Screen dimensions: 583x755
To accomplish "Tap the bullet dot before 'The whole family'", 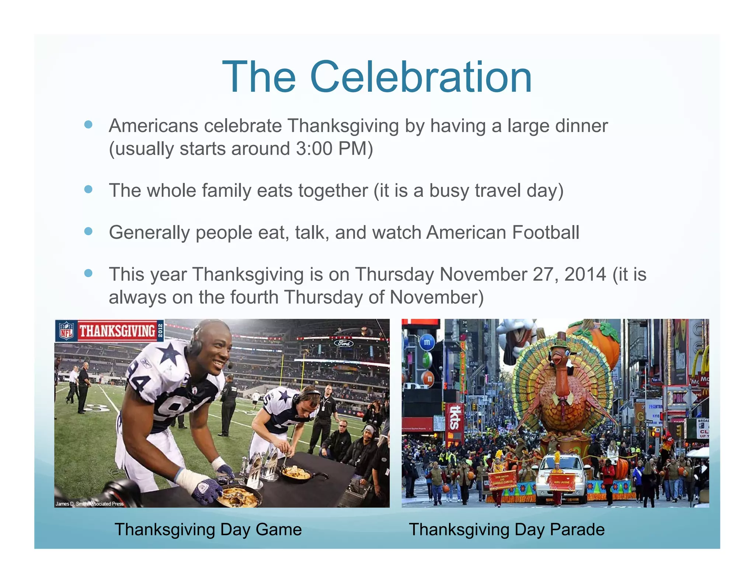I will pos(88,189).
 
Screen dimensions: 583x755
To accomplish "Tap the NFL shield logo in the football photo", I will pos(66,331).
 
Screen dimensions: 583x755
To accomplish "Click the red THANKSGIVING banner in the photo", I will pos(117,331).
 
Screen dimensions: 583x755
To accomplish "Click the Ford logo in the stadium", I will pos(344,343).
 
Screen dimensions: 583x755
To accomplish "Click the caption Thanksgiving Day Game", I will pos(208,530).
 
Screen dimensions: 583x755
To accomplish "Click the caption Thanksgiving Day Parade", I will pos(507,530).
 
